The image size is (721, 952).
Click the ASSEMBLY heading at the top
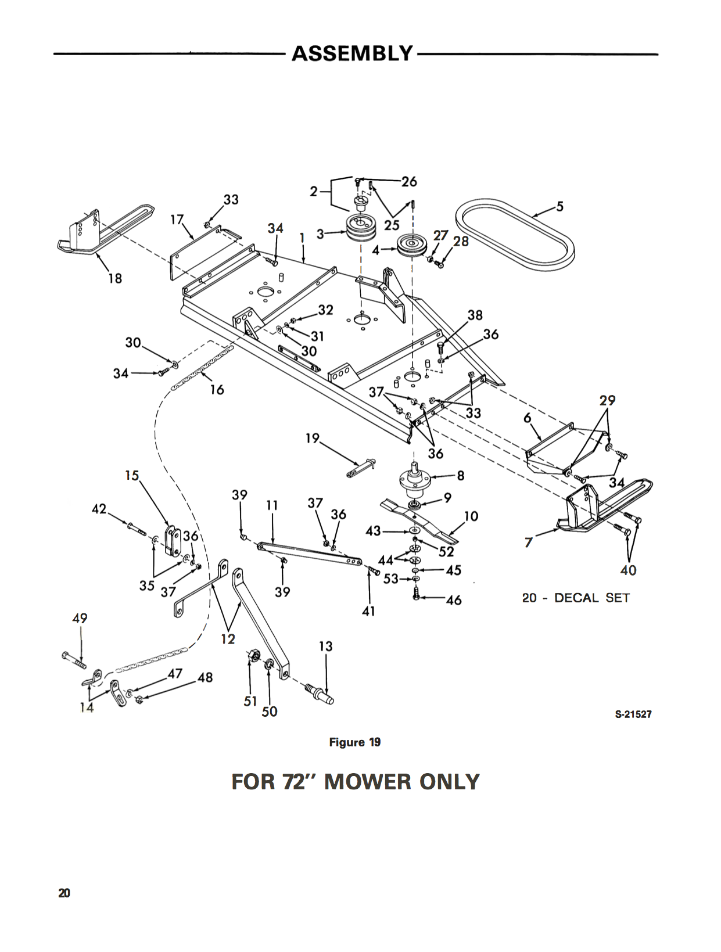[351, 53]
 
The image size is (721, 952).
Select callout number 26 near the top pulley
[409, 181]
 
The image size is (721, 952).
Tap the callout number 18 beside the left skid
[115, 278]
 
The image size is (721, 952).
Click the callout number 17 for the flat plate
[177, 220]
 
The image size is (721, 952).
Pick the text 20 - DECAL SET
[575, 598]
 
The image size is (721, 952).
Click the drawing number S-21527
[633, 714]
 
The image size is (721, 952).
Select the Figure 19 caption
[354, 742]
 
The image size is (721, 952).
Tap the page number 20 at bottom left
[64, 893]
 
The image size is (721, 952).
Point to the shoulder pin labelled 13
[320, 693]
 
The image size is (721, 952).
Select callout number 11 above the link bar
[272, 505]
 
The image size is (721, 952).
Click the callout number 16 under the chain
[217, 390]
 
